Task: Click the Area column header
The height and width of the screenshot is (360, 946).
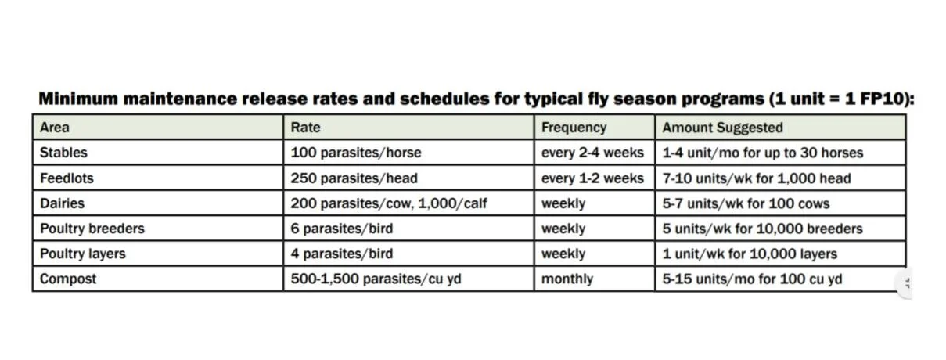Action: pos(55,127)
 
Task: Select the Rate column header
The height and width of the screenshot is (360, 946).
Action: pos(305,127)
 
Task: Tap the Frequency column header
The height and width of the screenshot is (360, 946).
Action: pos(574,127)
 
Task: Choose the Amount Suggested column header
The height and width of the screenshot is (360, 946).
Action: pos(722,127)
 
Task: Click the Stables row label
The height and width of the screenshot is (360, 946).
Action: pos(63,153)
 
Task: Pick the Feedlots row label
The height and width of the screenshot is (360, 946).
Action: pos(67,178)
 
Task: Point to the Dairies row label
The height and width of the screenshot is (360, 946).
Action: pos(62,203)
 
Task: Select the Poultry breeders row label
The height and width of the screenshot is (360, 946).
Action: pos(92,229)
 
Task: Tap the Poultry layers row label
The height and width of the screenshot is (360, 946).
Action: pos(82,254)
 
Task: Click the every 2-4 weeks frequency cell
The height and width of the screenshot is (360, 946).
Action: pos(592,153)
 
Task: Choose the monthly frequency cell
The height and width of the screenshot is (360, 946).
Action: pos(567,279)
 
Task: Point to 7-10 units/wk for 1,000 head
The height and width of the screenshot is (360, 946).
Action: pos(757,178)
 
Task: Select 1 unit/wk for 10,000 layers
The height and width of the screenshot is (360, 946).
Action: pos(750,254)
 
